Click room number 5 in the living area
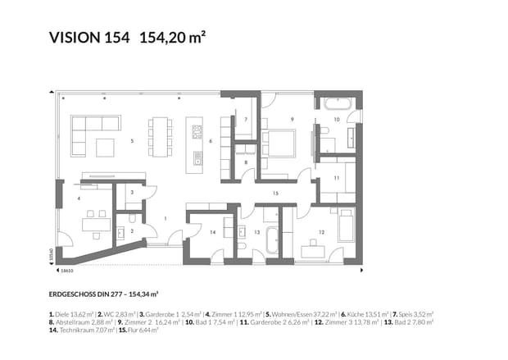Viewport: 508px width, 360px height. click(132, 141)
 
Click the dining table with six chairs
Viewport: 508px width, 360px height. click(160, 136)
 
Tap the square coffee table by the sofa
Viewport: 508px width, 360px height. click(105, 147)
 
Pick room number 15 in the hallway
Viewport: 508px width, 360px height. click(276, 193)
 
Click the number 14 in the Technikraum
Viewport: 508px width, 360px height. click(212, 232)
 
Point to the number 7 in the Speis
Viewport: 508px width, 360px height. click(246, 120)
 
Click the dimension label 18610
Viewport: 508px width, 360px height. click(69, 270)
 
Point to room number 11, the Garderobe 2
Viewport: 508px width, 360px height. click(336, 177)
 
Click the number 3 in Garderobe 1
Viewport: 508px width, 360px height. click(132, 193)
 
